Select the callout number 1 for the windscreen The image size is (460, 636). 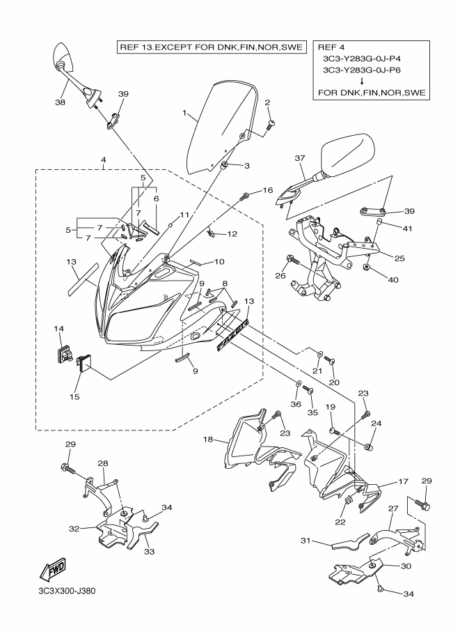pyautogui.click(x=184, y=112)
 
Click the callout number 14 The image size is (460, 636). pyautogui.click(x=59, y=327)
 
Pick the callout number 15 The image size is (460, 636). pyautogui.click(x=74, y=396)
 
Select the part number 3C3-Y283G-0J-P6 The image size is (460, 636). pyautogui.click(x=365, y=70)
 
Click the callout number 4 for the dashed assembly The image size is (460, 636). pyautogui.click(x=103, y=160)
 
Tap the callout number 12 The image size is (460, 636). pyautogui.click(x=232, y=234)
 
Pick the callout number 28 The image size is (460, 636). pyautogui.click(x=103, y=463)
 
